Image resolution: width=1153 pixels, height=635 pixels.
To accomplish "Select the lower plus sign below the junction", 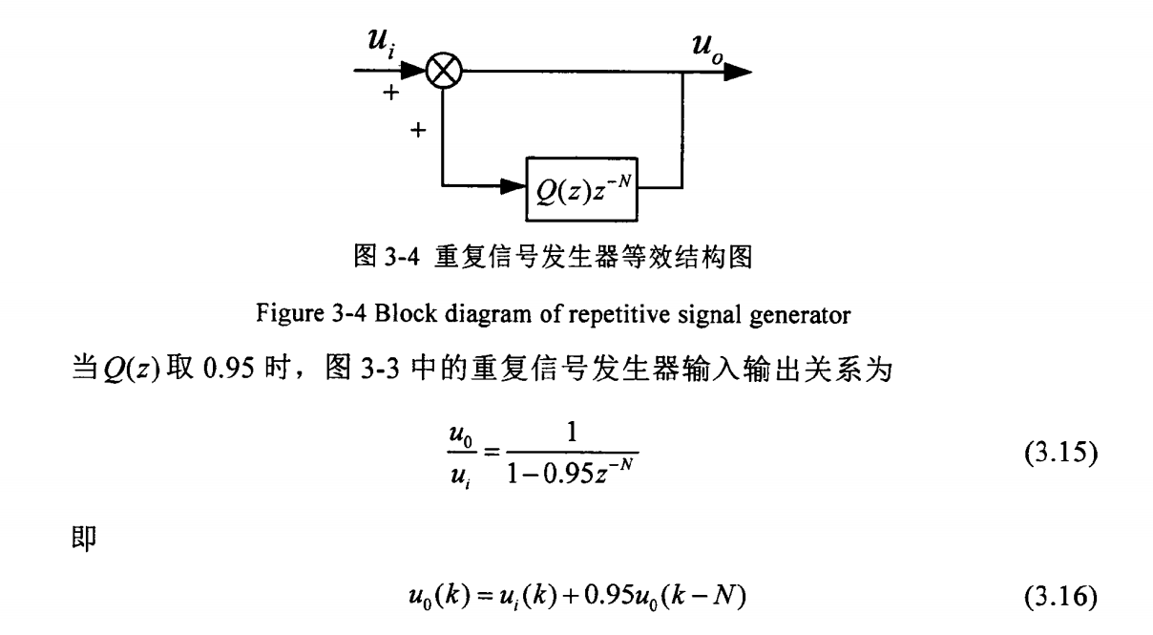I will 415,130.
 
